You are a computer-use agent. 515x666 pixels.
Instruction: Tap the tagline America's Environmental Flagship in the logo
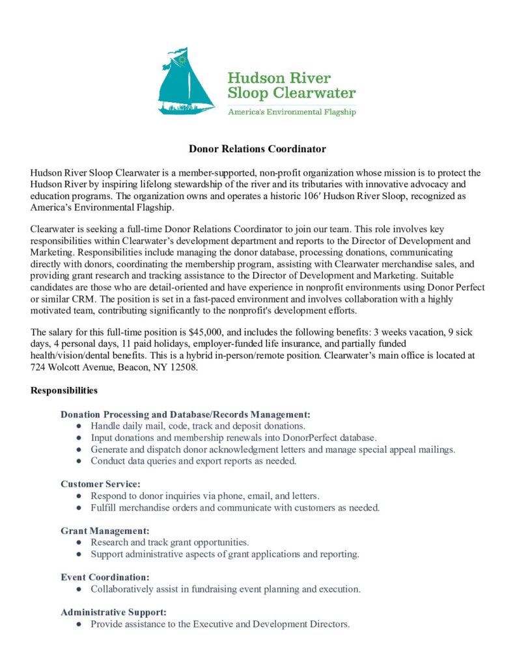pyautogui.click(x=292, y=112)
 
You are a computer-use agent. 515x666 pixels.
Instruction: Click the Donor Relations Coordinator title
pyautogui.click(x=257, y=149)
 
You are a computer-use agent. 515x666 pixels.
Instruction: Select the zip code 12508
pyautogui.click(x=184, y=366)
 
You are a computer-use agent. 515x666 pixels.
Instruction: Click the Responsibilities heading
pyautogui.click(x=64, y=391)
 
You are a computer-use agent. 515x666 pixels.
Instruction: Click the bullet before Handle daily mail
pyautogui.click(x=79, y=426)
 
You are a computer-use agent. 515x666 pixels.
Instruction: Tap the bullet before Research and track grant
pyautogui.click(x=79, y=542)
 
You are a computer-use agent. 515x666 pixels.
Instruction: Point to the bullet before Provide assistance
pyautogui.click(x=79, y=624)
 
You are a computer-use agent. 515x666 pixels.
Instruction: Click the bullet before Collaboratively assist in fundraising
pyautogui.click(x=79, y=589)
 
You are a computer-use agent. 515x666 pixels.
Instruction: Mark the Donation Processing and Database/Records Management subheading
pyautogui.click(x=185, y=414)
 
